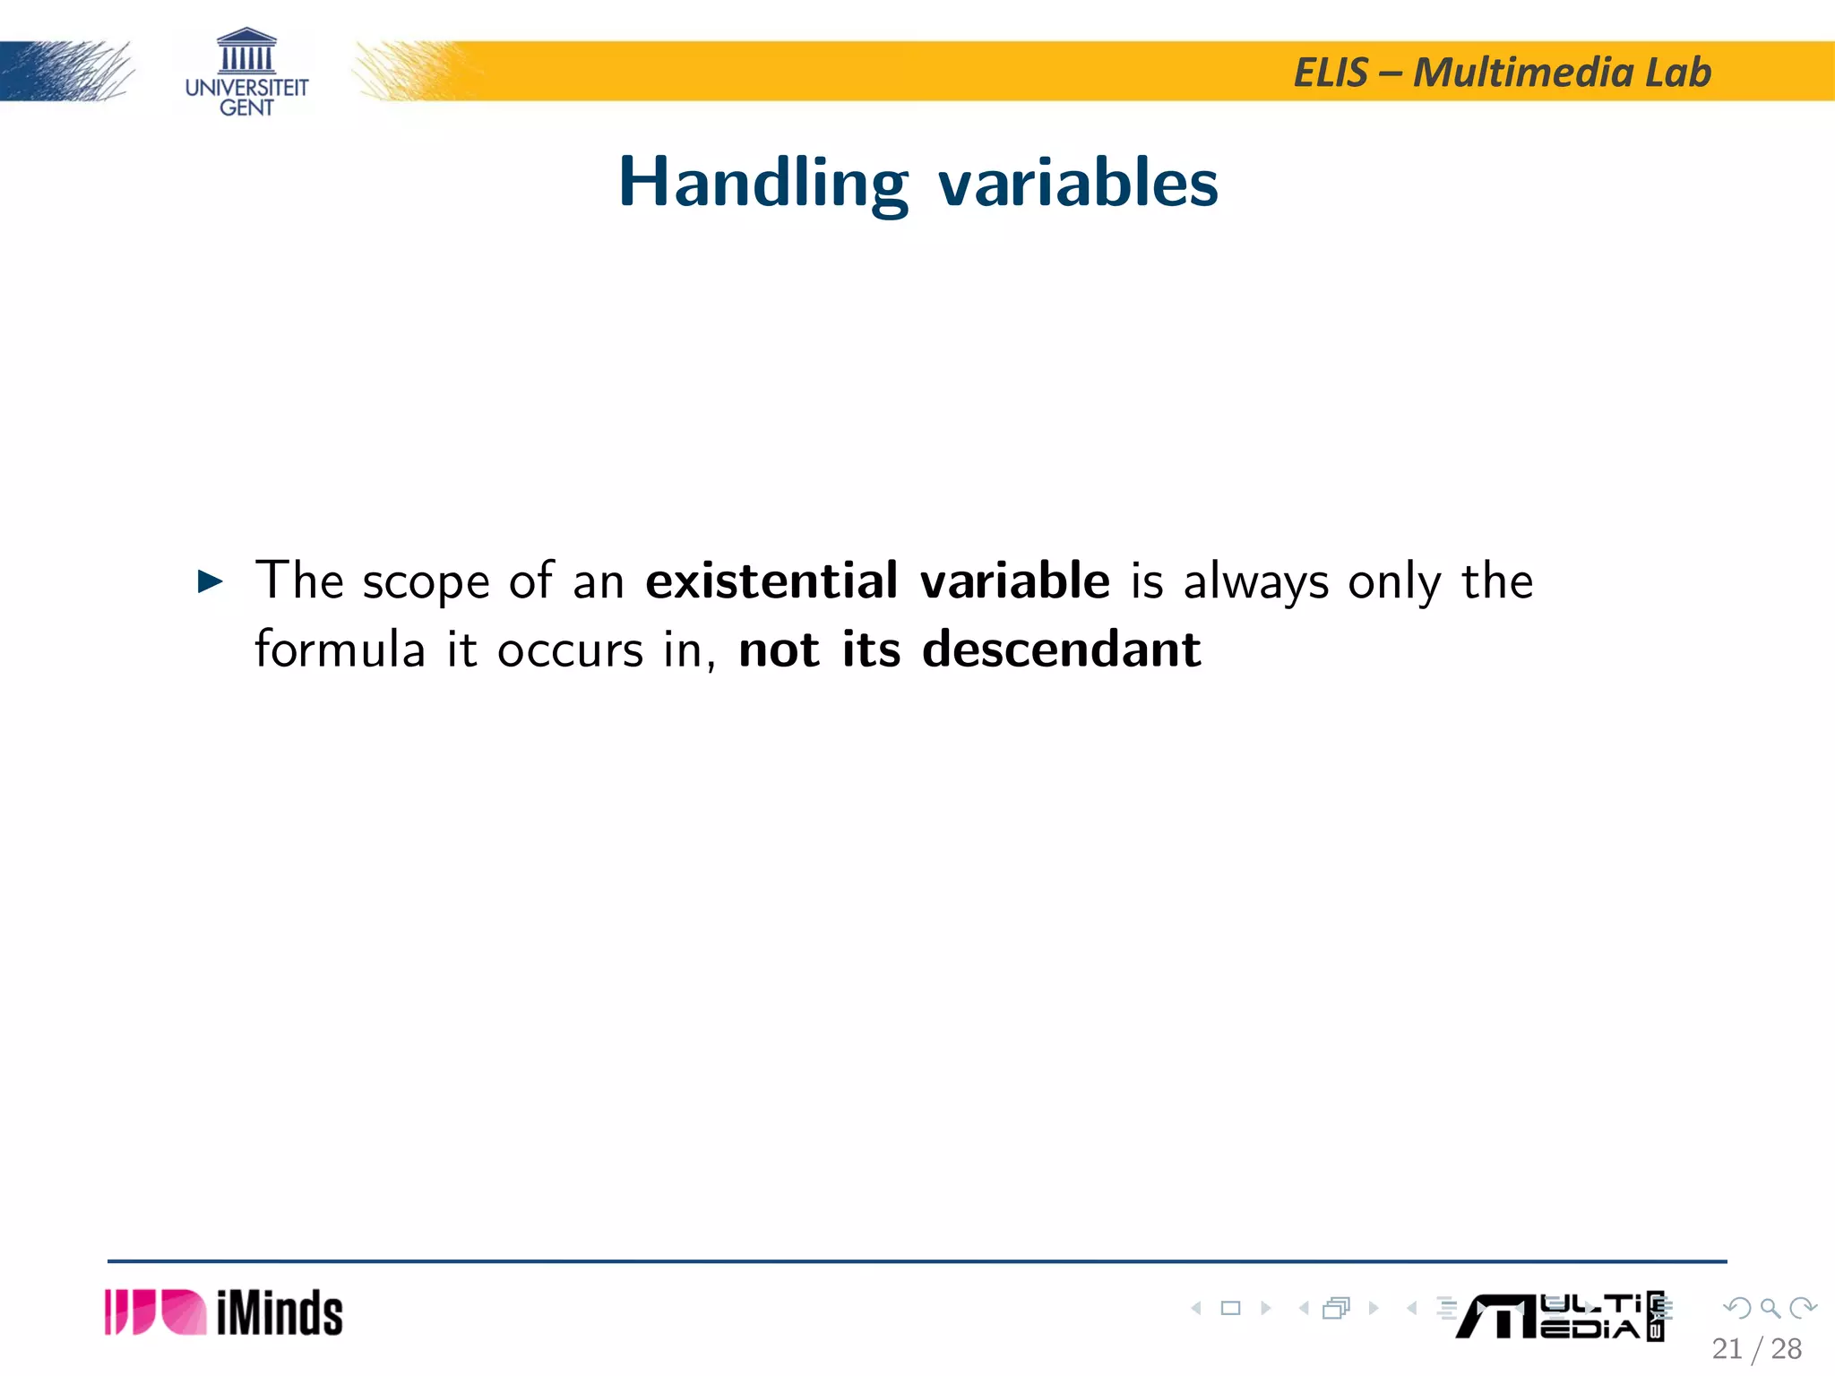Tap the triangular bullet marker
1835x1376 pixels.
pos(210,582)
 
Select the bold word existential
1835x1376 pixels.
pos(771,580)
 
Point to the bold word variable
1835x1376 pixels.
pos(1015,580)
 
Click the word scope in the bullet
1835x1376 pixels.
pos(426,582)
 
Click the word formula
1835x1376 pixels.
pos(340,649)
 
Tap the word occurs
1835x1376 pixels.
pos(570,650)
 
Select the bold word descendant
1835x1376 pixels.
pos(1061,649)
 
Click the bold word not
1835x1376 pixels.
pos(779,650)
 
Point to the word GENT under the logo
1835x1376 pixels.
pos(246,107)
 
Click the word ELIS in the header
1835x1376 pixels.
pos(1331,73)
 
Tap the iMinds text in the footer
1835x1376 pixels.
pos(280,1314)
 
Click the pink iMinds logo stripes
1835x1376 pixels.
pos(154,1312)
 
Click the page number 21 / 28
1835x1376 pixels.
pos(1756,1348)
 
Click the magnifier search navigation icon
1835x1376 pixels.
pos(1770,1309)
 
